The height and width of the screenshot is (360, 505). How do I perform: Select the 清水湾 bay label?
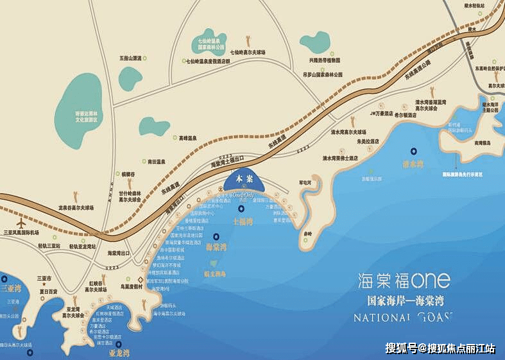[413, 164]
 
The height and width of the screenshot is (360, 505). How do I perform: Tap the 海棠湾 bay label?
[215, 246]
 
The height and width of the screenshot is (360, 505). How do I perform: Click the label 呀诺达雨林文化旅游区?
[85, 116]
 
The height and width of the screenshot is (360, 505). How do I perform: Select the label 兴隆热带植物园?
[325, 59]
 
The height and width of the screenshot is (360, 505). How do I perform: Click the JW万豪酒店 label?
[372, 114]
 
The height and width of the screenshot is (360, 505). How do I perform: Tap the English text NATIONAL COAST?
[404, 316]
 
